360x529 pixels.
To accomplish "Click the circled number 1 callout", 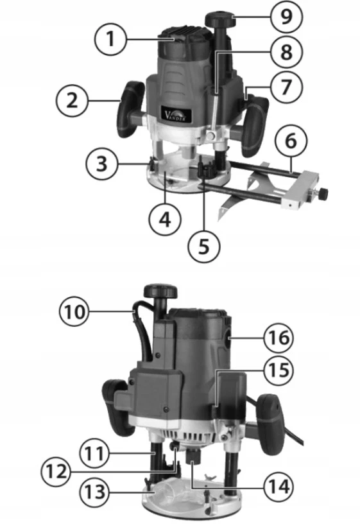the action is click(x=110, y=39).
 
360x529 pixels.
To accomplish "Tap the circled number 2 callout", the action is click(x=72, y=101).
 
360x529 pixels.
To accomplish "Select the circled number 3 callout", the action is click(x=101, y=164).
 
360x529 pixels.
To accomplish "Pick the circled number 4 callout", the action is click(x=165, y=220).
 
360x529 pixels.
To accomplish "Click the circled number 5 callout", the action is click(x=204, y=246).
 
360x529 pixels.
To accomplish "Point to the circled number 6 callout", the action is click(x=291, y=141).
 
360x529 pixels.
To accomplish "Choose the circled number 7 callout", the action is click(x=286, y=87).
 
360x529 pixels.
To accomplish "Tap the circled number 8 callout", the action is click(x=286, y=52).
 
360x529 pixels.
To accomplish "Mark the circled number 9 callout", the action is click(x=286, y=17).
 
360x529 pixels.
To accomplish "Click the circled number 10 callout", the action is click(x=74, y=311).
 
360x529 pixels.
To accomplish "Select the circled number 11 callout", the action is click(x=95, y=453).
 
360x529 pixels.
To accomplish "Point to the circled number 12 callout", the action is click(x=56, y=471).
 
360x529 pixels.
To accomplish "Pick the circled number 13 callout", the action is click(x=95, y=492).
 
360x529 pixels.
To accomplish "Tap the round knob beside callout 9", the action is click(x=221, y=18).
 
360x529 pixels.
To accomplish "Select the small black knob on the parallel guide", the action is click(x=323, y=193).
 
